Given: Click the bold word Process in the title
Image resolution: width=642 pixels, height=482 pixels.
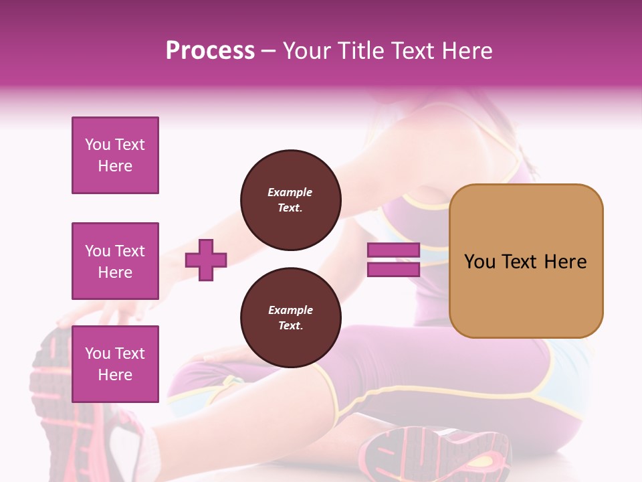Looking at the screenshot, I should [210, 51].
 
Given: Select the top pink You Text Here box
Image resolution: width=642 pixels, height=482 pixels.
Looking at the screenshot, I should [115, 155].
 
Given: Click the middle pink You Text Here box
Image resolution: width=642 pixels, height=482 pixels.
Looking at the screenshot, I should [115, 261].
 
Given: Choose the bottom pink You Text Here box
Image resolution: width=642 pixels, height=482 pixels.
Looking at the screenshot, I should [115, 364].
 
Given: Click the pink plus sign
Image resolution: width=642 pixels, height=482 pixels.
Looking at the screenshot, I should [206, 260].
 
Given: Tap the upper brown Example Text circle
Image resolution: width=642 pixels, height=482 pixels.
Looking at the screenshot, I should [290, 200].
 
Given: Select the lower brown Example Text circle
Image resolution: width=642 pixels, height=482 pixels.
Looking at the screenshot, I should [290, 318].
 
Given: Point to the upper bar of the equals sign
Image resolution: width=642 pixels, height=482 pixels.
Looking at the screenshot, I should [393, 250].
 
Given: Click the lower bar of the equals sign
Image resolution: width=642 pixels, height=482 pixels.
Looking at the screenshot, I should [393, 269].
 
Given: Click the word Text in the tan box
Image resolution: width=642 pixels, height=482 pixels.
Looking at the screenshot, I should [519, 262].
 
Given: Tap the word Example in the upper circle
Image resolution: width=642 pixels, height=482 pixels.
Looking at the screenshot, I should [290, 192].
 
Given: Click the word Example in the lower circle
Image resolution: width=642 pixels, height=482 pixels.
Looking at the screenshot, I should [290, 310].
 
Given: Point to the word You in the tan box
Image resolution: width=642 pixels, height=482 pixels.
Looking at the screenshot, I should [479, 262].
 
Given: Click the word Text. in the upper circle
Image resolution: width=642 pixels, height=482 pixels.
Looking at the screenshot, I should [290, 208].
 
